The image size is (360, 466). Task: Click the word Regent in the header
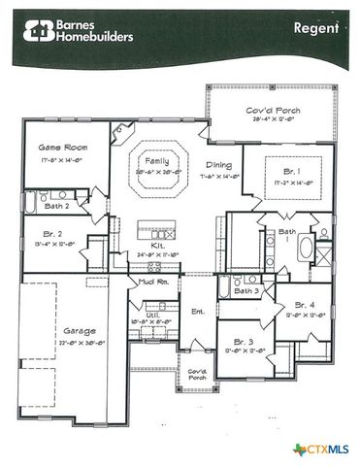315,27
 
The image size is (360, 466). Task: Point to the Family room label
156,160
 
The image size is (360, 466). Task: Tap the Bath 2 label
55,207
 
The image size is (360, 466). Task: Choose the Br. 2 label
53,234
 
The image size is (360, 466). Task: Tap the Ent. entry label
198,312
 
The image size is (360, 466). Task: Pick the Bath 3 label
247,290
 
